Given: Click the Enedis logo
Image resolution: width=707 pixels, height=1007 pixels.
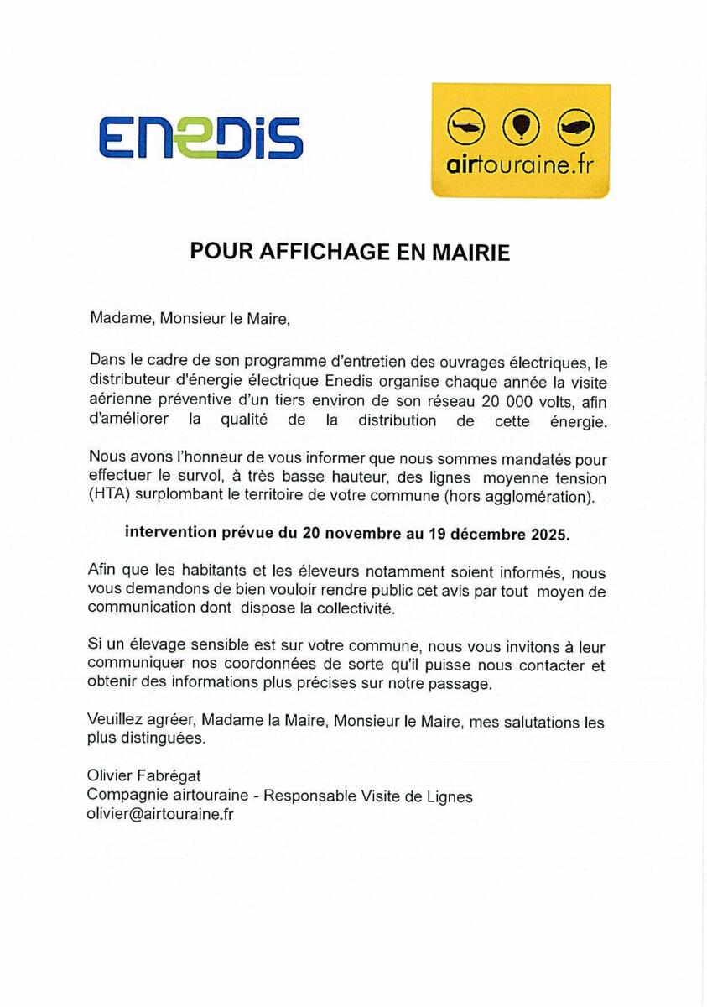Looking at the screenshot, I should click(x=200, y=137).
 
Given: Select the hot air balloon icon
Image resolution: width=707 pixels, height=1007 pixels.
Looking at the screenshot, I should click(x=521, y=127).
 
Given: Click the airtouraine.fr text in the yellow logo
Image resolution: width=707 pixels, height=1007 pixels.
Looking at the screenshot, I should click(x=520, y=164).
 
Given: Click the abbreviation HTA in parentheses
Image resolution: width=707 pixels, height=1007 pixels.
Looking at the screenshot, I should click(x=108, y=496).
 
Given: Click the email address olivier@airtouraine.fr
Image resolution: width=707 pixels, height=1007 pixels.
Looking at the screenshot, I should click(x=159, y=814).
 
